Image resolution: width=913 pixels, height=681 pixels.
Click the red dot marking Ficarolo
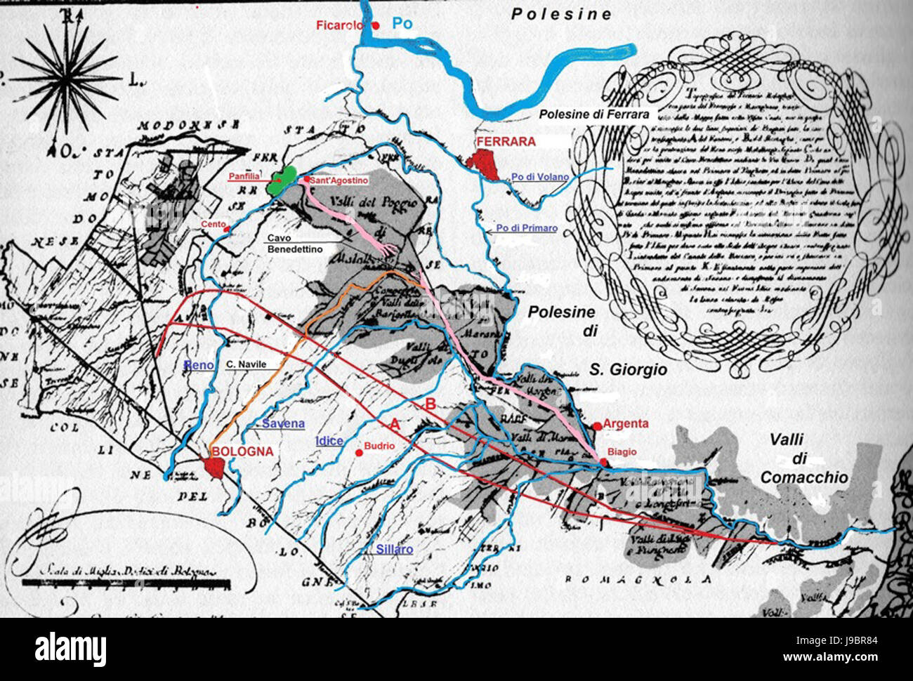point(376,26)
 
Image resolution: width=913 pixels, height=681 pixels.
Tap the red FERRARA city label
point(506,142)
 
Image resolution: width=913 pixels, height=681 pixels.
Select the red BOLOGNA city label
point(242,452)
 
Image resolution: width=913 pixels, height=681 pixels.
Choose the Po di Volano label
point(539,177)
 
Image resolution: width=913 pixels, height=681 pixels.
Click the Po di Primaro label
point(526,228)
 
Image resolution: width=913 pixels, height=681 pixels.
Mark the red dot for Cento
point(225,228)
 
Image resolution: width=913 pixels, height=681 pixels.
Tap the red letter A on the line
point(395,423)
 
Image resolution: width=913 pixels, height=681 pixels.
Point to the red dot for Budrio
point(359,453)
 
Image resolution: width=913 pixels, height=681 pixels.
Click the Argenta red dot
point(596,425)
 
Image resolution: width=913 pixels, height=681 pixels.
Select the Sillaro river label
point(394,549)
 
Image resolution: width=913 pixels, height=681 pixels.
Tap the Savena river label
point(283,423)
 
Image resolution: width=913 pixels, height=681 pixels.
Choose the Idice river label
point(329,441)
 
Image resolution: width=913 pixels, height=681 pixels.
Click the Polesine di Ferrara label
point(593,114)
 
